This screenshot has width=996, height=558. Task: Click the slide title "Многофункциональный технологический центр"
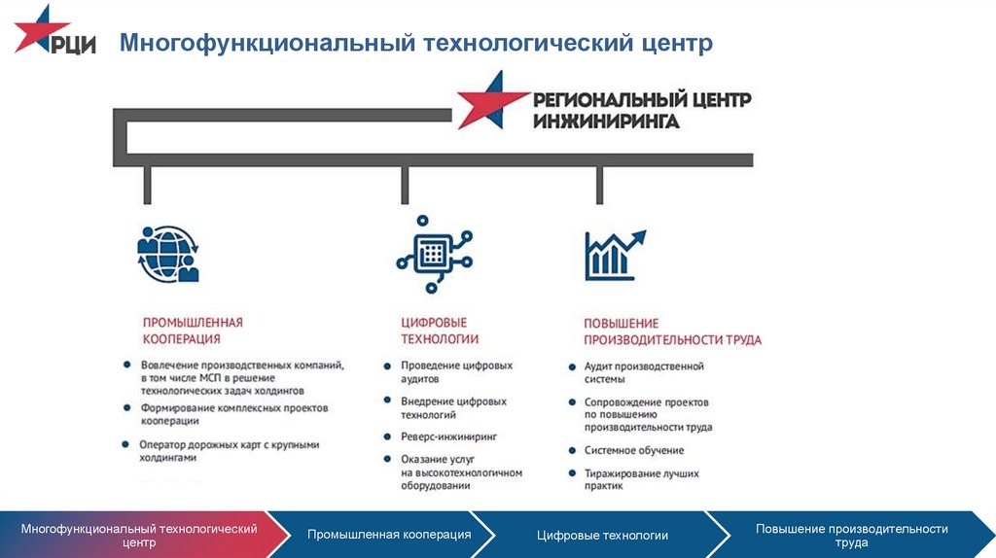point(416,43)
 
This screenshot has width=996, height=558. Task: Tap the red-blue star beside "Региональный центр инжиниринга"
point(492,100)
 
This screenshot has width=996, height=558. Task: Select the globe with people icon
point(167,254)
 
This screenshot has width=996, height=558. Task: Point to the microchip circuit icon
point(435,254)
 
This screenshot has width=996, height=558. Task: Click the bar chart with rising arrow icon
point(615,256)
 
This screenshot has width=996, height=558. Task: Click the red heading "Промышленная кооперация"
point(193,331)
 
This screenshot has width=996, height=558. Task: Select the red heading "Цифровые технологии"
point(439,331)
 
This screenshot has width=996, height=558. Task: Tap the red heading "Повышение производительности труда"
point(672,331)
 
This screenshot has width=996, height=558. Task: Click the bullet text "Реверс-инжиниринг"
point(448,436)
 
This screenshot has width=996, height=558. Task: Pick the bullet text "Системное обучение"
point(634,450)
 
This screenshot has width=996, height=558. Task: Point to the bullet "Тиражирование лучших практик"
point(641,479)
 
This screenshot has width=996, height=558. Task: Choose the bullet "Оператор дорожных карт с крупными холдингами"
point(229,451)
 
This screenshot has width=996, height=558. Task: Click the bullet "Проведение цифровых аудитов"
point(456,372)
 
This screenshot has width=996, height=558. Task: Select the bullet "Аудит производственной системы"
point(644,372)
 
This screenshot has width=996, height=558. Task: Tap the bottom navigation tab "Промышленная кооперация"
point(389,535)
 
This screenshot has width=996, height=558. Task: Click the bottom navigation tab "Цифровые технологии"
point(602,535)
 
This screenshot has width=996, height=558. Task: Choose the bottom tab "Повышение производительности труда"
point(851,535)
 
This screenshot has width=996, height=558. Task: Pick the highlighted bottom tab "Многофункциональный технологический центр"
point(139,535)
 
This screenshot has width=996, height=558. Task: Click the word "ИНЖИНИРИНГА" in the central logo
point(606,121)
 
